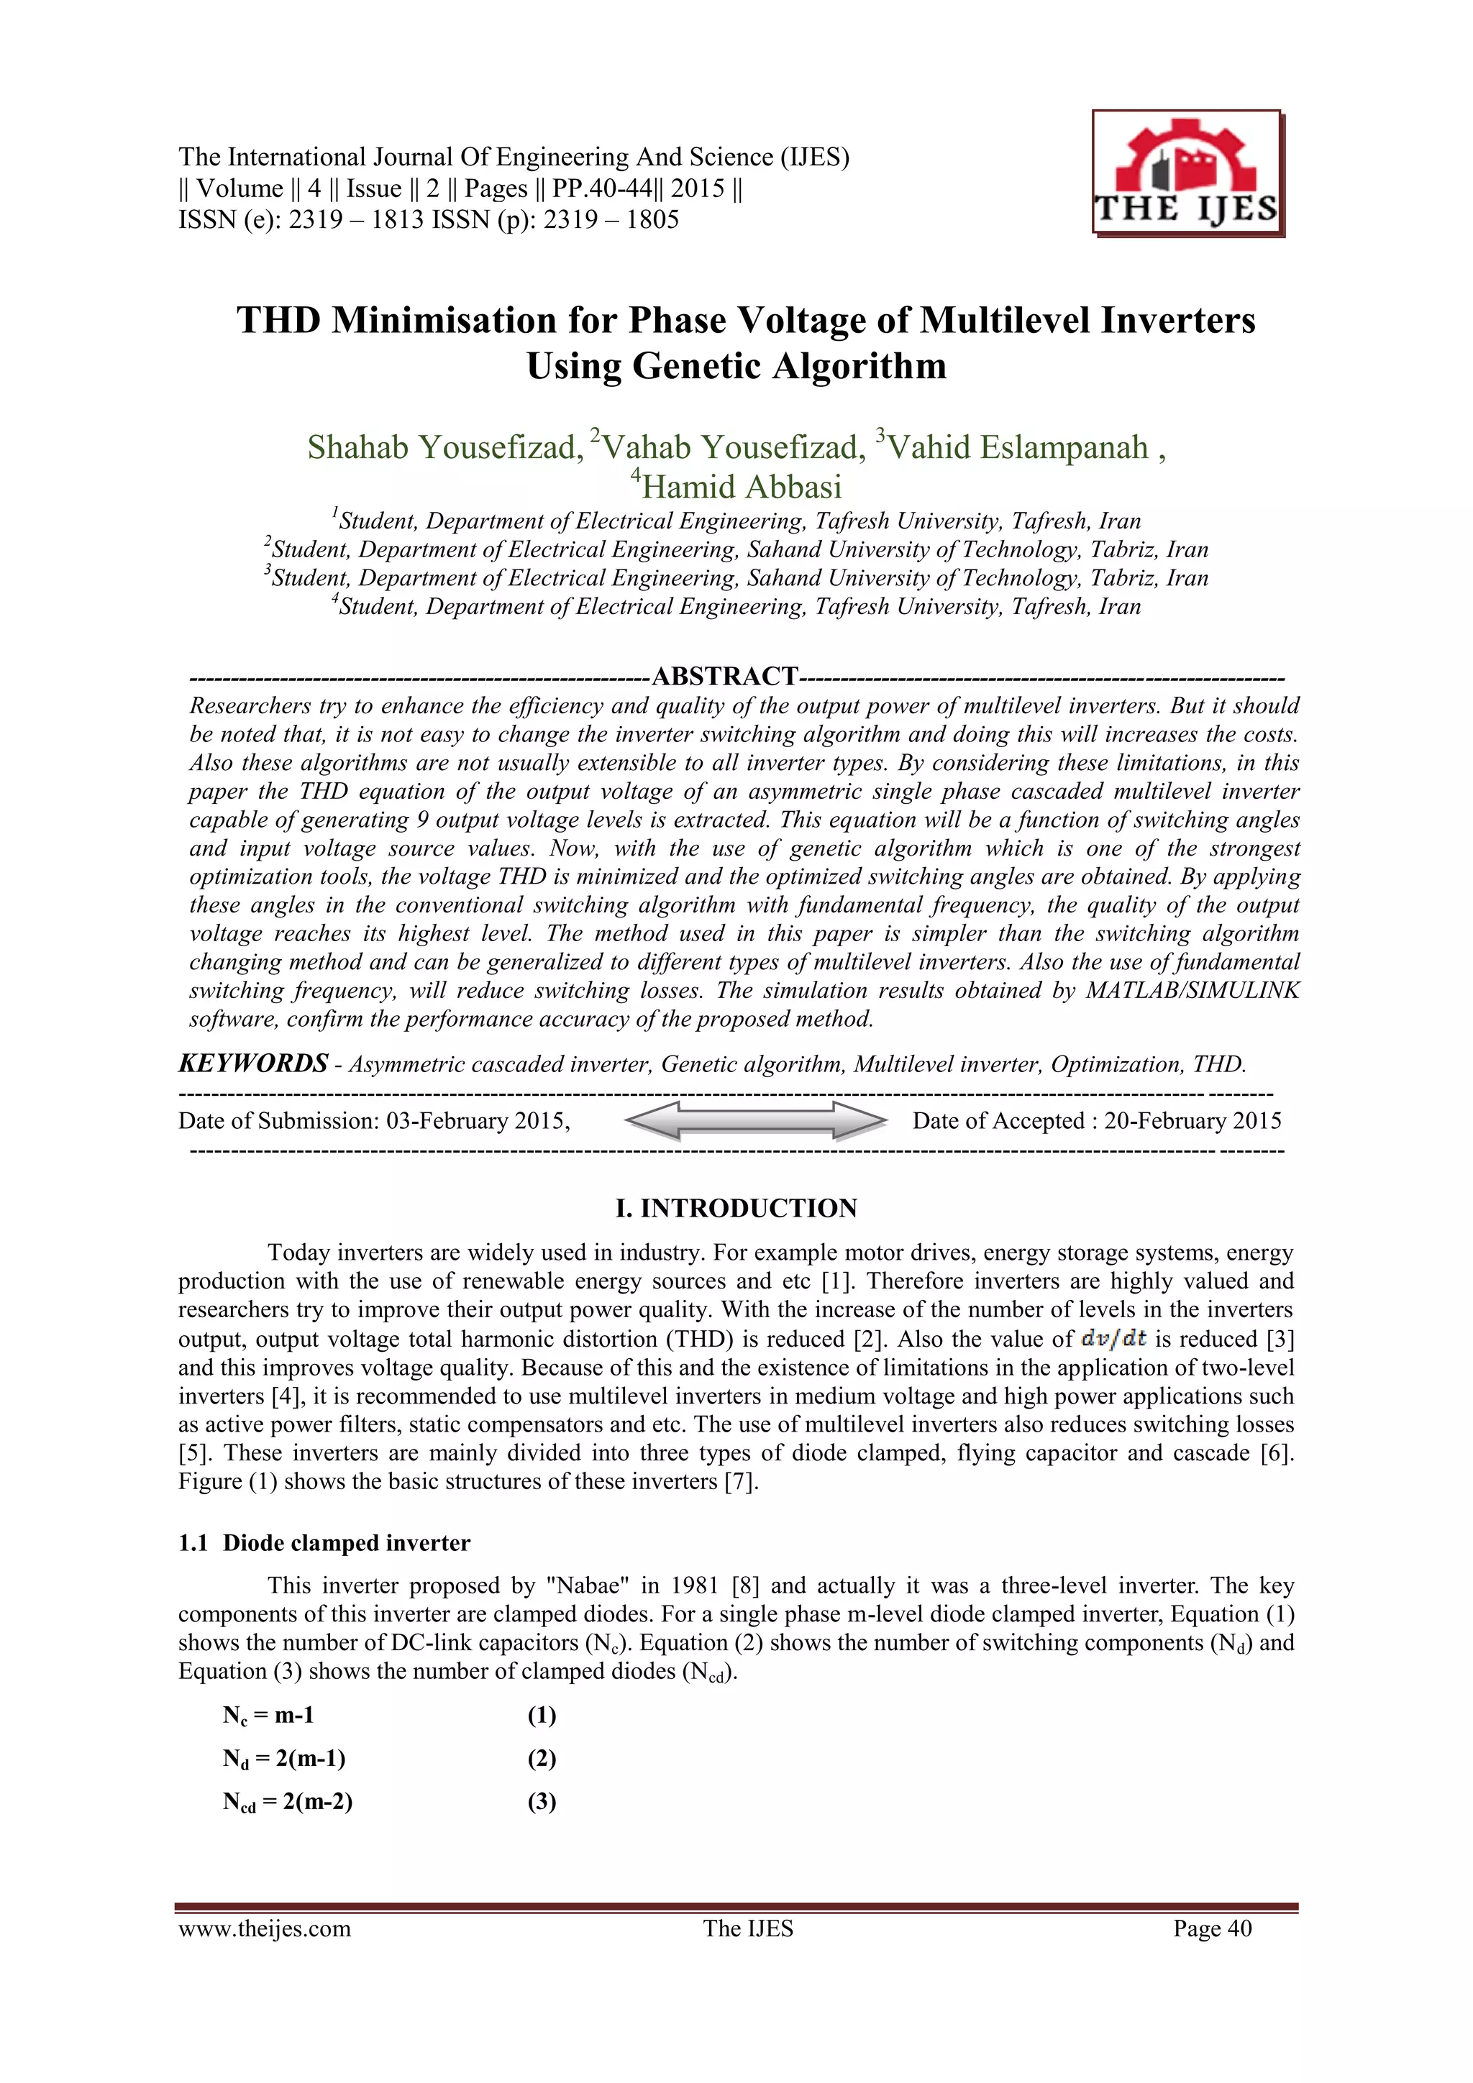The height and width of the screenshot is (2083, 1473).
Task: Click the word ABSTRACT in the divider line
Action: pyautogui.click(x=724, y=676)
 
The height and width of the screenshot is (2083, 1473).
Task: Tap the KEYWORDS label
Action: pyautogui.click(x=253, y=1063)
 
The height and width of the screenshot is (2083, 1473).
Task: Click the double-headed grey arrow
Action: pyautogui.click(x=755, y=1120)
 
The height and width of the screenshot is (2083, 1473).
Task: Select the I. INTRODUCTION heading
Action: pyautogui.click(x=736, y=1207)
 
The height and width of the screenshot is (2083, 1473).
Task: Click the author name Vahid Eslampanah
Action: pyautogui.click(x=1016, y=447)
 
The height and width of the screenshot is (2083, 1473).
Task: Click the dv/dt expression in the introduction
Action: pyautogui.click(x=1113, y=1338)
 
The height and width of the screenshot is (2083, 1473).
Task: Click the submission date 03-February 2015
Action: pyautogui.click(x=478, y=1120)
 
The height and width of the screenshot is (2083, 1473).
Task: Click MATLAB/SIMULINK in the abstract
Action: pyautogui.click(x=1192, y=990)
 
